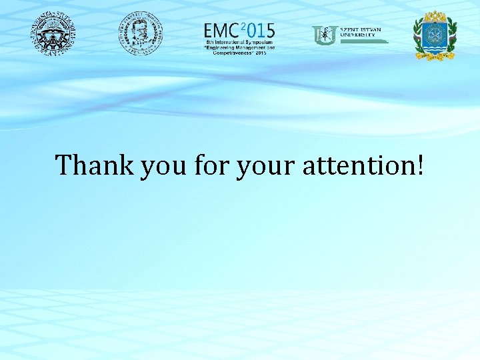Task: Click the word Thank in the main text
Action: tap(95, 165)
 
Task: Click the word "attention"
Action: tap(357, 165)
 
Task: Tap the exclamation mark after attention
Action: tap(419, 164)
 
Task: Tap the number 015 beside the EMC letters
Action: tap(261, 31)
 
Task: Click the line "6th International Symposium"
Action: tap(239, 42)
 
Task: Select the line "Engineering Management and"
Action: tap(239, 47)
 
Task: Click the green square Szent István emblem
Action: tap(325, 35)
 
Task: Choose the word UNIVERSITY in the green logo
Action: tap(357, 35)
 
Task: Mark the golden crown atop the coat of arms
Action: tap(435, 17)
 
